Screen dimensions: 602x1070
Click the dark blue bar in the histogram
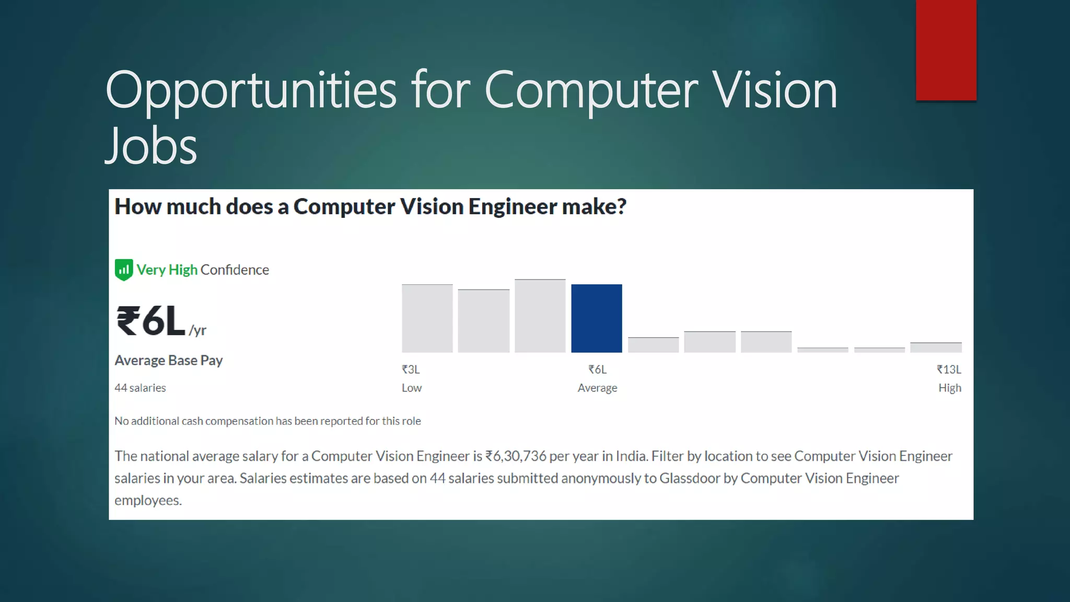coord(596,318)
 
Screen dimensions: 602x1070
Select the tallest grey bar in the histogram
coord(540,316)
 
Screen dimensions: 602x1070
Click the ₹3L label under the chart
coord(411,369)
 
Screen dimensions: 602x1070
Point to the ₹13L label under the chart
coord(949,369)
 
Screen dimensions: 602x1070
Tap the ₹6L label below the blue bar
coord(597,369)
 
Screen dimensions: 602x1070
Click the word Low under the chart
coord(411,388)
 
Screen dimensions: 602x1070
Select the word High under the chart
coord(949,388)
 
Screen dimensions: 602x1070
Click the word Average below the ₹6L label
coord(597,388)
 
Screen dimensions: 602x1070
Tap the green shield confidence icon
coord(124,270)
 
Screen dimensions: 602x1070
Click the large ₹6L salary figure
coord(150,321)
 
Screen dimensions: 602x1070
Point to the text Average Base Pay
coord(168,360)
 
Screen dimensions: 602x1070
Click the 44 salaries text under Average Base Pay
coord(140,388)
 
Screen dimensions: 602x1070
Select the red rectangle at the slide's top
coord(946,50)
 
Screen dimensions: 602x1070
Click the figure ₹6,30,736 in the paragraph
coord(516,456)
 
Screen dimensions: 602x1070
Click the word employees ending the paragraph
coord(148,500)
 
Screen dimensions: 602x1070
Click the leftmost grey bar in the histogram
coord(427,318)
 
